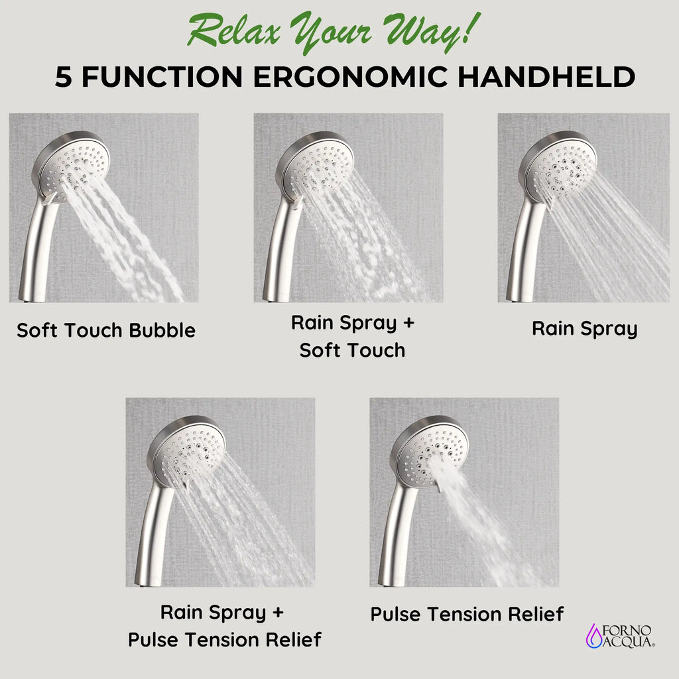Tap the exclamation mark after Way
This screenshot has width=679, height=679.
472,28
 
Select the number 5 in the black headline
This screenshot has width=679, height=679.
63,77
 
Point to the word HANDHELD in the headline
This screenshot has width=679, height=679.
546,77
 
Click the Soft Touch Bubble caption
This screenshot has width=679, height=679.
106,330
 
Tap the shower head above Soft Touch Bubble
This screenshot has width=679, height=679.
71,165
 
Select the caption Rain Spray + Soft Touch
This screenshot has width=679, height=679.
353,336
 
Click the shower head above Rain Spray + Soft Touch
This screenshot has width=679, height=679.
315,165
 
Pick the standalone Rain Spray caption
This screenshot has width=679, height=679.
585,329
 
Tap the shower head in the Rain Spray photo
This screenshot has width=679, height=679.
558,165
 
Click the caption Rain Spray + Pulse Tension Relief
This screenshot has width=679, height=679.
224,626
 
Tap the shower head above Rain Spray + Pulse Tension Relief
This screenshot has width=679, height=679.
186,450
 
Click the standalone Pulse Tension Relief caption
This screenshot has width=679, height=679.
467,614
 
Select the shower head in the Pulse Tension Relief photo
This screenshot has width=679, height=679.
430,450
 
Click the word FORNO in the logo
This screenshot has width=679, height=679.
627,631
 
